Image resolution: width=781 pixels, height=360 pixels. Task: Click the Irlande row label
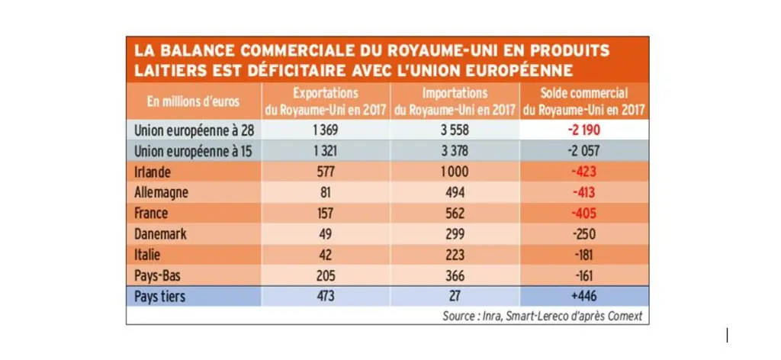point(153,172)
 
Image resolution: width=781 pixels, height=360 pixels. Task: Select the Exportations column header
point(326,101)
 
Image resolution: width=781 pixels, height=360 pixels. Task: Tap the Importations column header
point(455,101)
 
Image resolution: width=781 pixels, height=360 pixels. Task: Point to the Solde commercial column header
point(584,101)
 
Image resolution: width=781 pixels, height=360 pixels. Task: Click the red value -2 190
point(584,130)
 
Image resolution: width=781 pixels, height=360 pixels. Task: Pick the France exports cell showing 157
point(326,213)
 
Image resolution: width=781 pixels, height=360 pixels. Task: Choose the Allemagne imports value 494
point(455,193)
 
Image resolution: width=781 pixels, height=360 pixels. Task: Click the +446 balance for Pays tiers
point(584,296)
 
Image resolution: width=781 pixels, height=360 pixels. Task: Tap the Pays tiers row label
point(159,296)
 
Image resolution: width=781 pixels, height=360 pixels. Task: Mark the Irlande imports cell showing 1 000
point(455,172)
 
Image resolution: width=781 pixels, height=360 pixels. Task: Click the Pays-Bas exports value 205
point(326,275)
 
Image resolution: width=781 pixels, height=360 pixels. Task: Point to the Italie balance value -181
point(584,255)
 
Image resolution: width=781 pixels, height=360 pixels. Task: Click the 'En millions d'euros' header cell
point(193,101)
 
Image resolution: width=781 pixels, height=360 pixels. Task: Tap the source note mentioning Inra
point(542,316)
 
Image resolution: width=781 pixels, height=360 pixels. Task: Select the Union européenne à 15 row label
point(194,151)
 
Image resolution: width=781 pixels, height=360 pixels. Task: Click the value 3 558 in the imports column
point(455,130)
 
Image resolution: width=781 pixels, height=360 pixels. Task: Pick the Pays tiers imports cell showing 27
point(455,296)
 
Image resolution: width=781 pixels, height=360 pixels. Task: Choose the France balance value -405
point(584,213)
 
